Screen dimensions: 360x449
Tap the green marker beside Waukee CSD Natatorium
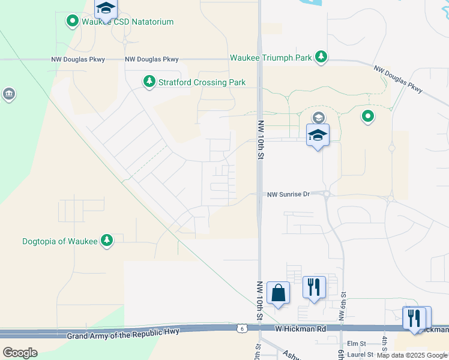[x=73, y=22]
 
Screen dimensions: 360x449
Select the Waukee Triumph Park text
[x=271, y=58]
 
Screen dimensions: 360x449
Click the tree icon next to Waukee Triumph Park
[x=322, y=57]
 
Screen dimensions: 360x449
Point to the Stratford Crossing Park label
[x=194, y=82]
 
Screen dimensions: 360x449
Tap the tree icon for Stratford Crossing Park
[x=149, y=81]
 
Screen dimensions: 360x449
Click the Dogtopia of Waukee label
[x=59, y=241]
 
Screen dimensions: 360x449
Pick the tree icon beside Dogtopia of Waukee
[x=107, y=241]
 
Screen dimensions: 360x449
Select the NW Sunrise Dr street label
[x=288, y=194]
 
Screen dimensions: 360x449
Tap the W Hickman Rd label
[x=301, y=329]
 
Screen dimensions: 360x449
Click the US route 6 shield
[x=241, y=329]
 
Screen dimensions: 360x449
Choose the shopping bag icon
[x=278, y=293]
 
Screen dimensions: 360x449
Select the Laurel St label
[x=360, y=354]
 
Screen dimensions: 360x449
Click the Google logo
[x=20, y=352]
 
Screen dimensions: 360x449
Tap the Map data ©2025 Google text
[x=412, y=355]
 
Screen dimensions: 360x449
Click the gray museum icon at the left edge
[x=8, y=94]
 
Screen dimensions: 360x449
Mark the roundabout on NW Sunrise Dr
[x=327, y=194]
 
